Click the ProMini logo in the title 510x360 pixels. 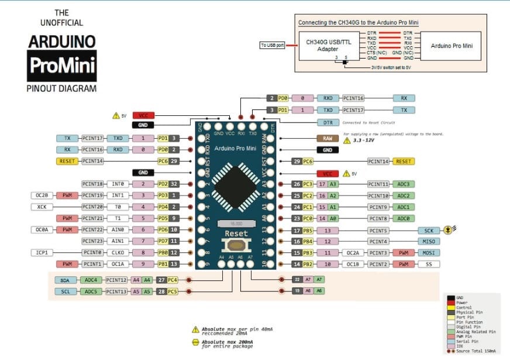click(x=61, y=66)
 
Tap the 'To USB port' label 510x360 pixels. click(x=272, y=45)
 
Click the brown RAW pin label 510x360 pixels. click(x=328, y=138)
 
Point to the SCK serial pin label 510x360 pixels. click(x=429, y=230)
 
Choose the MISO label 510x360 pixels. click(x=429, y=241)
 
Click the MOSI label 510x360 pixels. click(x=429, y=253)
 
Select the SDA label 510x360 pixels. click(x=64, y=280)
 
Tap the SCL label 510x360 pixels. click(x=64, y=292)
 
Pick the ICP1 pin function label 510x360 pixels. click(x=41, y=253)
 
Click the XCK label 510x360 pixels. click(x=41, y=207)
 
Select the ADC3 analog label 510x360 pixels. click(x=404, y=184)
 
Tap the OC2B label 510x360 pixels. click(x=41, y=195)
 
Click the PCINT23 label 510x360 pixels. click(x=92, y=241)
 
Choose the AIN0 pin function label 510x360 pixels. click(x=118, y=230)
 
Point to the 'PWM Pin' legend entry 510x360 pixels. click(x=472, y=335)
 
